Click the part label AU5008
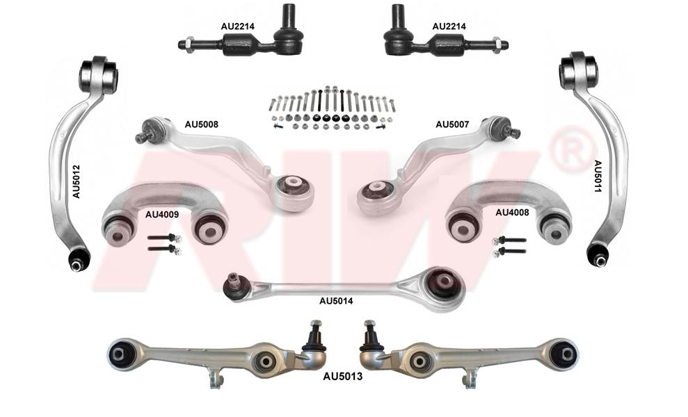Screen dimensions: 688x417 [201, 124]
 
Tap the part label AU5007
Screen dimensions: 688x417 [452, 124]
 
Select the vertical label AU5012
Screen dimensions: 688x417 [76, 181]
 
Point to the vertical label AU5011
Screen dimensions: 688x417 [598, 177]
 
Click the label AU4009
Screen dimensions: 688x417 [162, 215]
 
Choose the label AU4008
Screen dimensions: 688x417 [512, 213]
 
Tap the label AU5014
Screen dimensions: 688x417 [336, 301]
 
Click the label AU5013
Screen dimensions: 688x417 [343, 377]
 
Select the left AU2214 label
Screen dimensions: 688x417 [237, 26]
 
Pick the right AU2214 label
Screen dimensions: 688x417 [449, 26]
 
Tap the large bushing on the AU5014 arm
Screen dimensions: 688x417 [444, 286]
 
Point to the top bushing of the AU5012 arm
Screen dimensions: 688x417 [98, 74]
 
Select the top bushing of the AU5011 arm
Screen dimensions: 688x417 [578, 70]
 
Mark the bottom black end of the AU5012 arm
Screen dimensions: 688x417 [79, 260]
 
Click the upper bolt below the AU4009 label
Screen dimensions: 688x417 [165, 238]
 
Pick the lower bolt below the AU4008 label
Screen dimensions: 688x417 [509, 252]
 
